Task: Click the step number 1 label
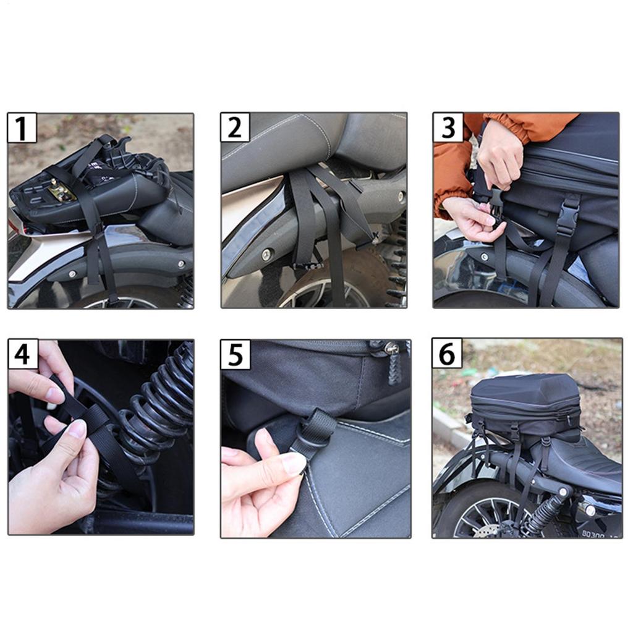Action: pos(22,128)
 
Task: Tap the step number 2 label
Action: pos(235,127)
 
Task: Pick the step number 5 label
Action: pos(235,354)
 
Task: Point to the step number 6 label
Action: pos(447,354)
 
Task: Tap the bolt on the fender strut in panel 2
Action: pos(267,254)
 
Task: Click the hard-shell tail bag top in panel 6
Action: pos(525,389)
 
